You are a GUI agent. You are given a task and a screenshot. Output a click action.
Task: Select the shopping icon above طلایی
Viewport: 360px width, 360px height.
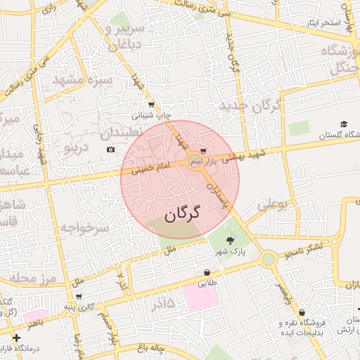[207, 272]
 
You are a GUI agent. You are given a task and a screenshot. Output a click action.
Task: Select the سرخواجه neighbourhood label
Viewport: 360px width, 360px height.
[83, 227]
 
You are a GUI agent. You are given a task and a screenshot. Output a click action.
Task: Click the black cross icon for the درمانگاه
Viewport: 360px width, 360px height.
[16, 338]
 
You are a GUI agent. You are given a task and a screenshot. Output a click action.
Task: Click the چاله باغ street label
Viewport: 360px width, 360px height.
[150, 347]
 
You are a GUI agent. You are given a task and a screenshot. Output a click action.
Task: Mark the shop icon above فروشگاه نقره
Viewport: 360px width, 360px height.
[302, 313]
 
